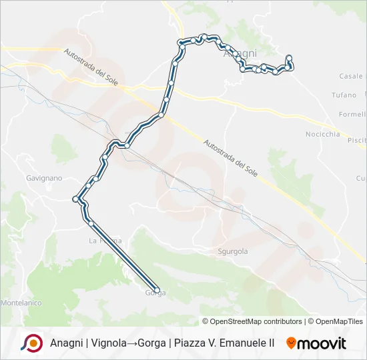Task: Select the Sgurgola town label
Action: pyautogui.click(x=233, y=251)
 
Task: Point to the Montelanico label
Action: pyautogui.click(x=21, y=303)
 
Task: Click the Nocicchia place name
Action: pyautogui.click(x=322, y=134)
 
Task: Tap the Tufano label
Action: pyautogui.click(x=344, y=95)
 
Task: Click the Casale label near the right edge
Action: pyautogui.click(x=352, y=76)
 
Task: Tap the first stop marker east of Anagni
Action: pyautogui.click(x=289, y=57)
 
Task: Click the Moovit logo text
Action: pyautogui.click(x=322, y=343)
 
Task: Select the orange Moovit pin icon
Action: pyautogui.click(x=291, y=343)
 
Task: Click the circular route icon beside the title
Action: pyautogui.click(x=31, y=343)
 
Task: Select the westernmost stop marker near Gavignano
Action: pyautogui.click(x=75, y=199)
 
